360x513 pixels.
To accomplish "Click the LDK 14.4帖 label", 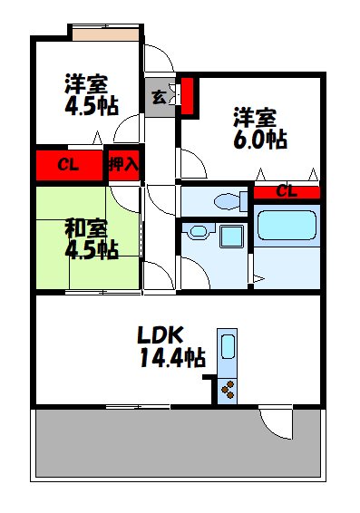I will [x=170, y=346].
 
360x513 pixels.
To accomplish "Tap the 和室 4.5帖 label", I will [x=90, y=238].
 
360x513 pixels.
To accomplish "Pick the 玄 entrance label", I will [x=159, y=96].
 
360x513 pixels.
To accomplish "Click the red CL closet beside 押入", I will [x=69, y=165].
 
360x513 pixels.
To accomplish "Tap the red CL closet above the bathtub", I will [x=286, y=191].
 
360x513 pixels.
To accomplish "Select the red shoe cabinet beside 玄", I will [x=188, y=95].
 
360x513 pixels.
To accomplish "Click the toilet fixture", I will [x=227, y=201].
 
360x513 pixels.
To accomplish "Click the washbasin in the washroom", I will [x=196, y=232].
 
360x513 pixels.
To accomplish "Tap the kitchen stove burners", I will [x=228, y=389].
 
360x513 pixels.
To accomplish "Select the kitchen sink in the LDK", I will [x=228, y=348].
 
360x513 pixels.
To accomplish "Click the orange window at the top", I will [x=106, y=34].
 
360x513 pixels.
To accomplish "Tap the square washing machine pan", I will [x=231, y=238].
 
